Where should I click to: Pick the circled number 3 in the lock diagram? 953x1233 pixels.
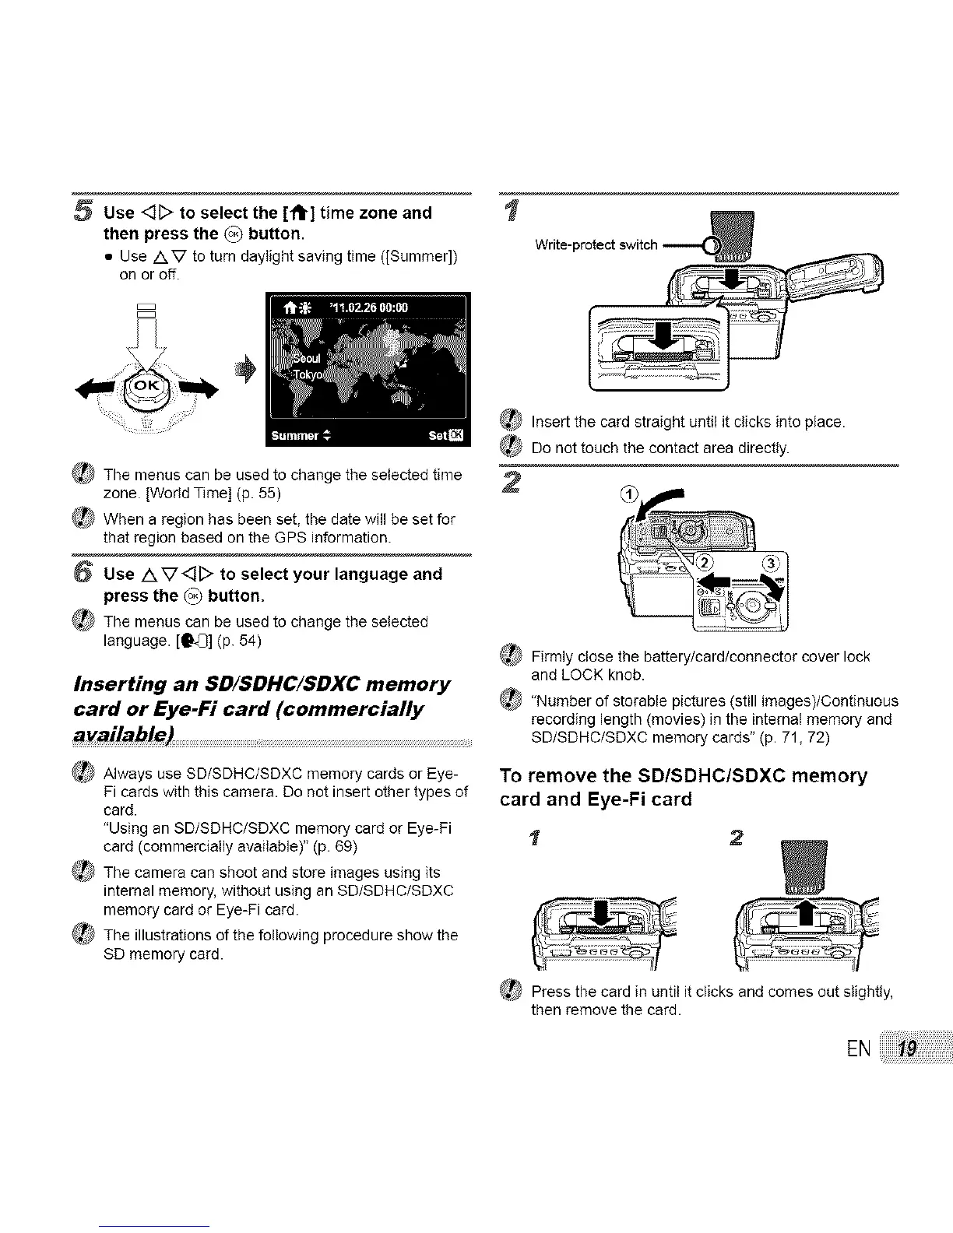[775, 564]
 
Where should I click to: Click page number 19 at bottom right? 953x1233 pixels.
[906, 1050]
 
